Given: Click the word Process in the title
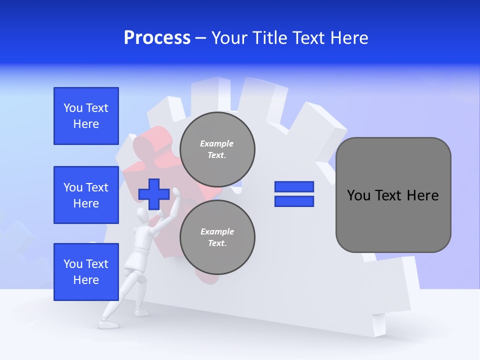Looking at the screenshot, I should (x=157, y=38).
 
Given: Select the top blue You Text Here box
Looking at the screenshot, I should (x=86, y=116).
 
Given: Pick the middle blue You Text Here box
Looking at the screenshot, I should (x=86, y=195).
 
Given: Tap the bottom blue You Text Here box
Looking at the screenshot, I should (x=86, y=272).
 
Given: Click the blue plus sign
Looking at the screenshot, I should (x=153, y=194).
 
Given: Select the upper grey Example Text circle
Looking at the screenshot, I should (x=217, y=149).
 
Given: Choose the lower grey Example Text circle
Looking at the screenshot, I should (x=217, y=237).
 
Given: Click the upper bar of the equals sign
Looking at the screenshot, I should (x=294, y=187).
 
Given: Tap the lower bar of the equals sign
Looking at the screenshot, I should (x=294, y=201).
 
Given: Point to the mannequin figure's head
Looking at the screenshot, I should (x=144, y=216).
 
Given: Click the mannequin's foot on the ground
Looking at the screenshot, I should (x=108, y=324).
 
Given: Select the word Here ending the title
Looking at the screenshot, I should (x=347, y=38).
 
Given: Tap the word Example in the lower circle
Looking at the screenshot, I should (x=217, y=231).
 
